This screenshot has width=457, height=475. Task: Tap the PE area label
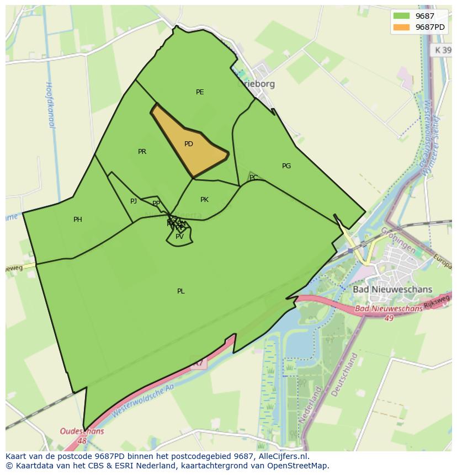pos(200,92)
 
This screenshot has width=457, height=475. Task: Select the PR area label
pos(142,152)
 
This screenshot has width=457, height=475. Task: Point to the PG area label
pos(286,166)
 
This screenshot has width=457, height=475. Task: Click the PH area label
pos(78,220)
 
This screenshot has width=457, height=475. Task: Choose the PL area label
pos(181,291)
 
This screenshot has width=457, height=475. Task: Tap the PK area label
pos(204,200)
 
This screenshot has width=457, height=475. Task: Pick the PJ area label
pos(134,201)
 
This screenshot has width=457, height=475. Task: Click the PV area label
pos(179,237)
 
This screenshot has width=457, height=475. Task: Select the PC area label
pos(253,178)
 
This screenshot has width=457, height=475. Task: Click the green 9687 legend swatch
pos(401,16)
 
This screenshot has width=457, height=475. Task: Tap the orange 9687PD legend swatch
pos(401,27)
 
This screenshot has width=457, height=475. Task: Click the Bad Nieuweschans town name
pos(392,289)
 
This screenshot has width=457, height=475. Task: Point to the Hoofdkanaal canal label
pos(49,105)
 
